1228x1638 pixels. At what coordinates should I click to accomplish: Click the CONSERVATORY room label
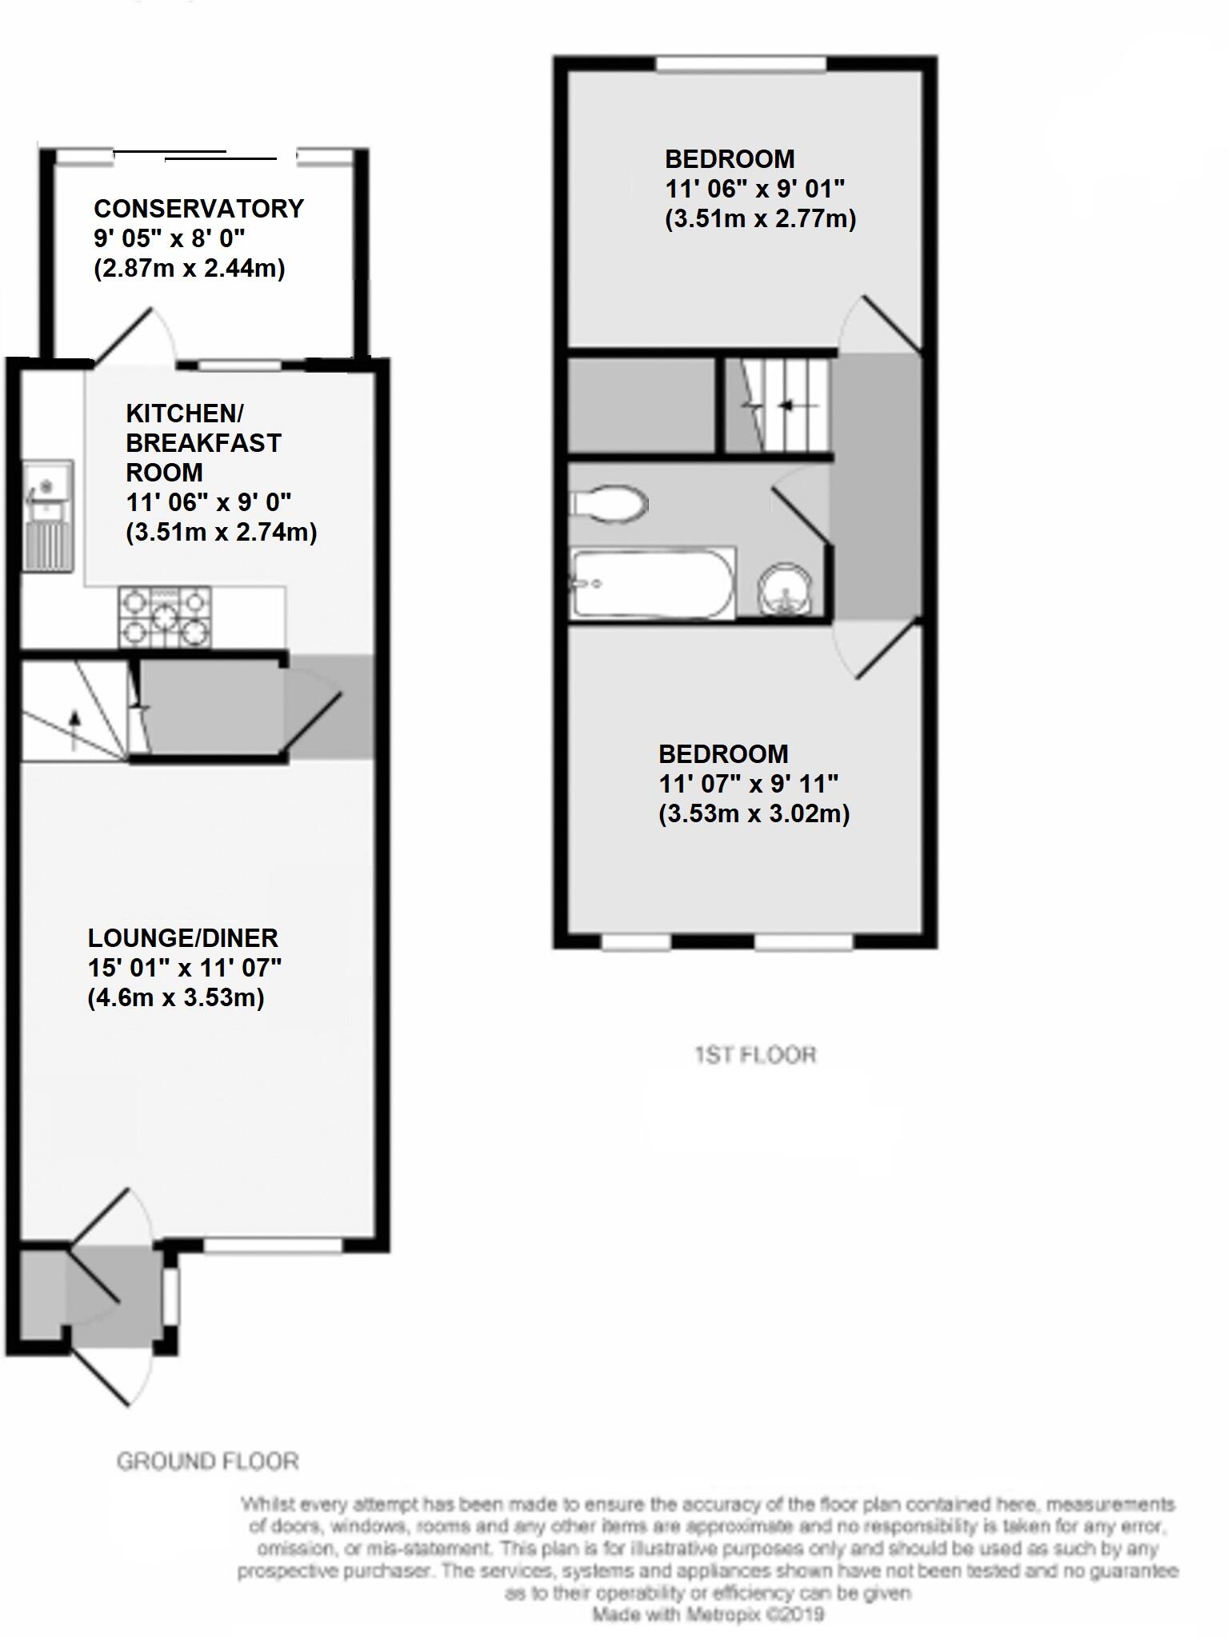pyautogui.click(x=198, y=209)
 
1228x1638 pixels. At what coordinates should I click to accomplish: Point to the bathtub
pyautogui.click(x=652, y=582)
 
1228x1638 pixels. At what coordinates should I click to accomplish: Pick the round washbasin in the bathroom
pyautogui.click(x=786, y=588)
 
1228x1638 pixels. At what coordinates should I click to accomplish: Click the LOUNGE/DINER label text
pyautogui.click(x=182, y=937)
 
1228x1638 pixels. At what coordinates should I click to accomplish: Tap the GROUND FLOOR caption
pyautogui.click(x=207, y=1461)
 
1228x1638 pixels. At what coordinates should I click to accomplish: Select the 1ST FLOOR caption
pyautogui.click(x=755, y=1055)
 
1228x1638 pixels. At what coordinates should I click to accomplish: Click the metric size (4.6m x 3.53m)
pyautogui.click(x=176, y=997)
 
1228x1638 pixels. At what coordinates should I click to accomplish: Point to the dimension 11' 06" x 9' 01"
pyautogui.click(x=754, y=189)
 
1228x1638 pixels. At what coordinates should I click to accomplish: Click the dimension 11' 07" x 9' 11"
pyautogui.click(x=748, y=784)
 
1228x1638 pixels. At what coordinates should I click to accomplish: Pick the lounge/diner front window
pyautogui.click(x=273, y=1245)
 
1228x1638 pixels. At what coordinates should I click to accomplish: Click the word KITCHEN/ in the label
pyautogui.click(x=185, y=413)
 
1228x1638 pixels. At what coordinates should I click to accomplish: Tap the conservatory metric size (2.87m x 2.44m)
pyautogui.click(x=190, y=268)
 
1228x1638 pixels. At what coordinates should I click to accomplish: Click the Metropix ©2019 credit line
pyautogui.click(x=708, y=1615)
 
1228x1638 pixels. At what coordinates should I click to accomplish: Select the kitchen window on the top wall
pyautogui.click(x=240, y=366)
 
